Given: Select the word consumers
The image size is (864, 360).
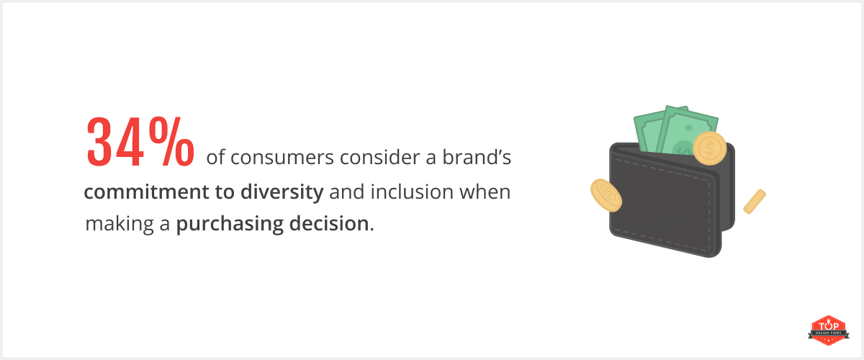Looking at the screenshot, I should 276,158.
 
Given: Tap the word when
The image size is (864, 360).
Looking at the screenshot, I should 485,192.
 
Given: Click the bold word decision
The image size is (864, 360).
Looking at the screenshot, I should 331,224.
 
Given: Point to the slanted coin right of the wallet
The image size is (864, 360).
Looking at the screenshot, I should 754,201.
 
